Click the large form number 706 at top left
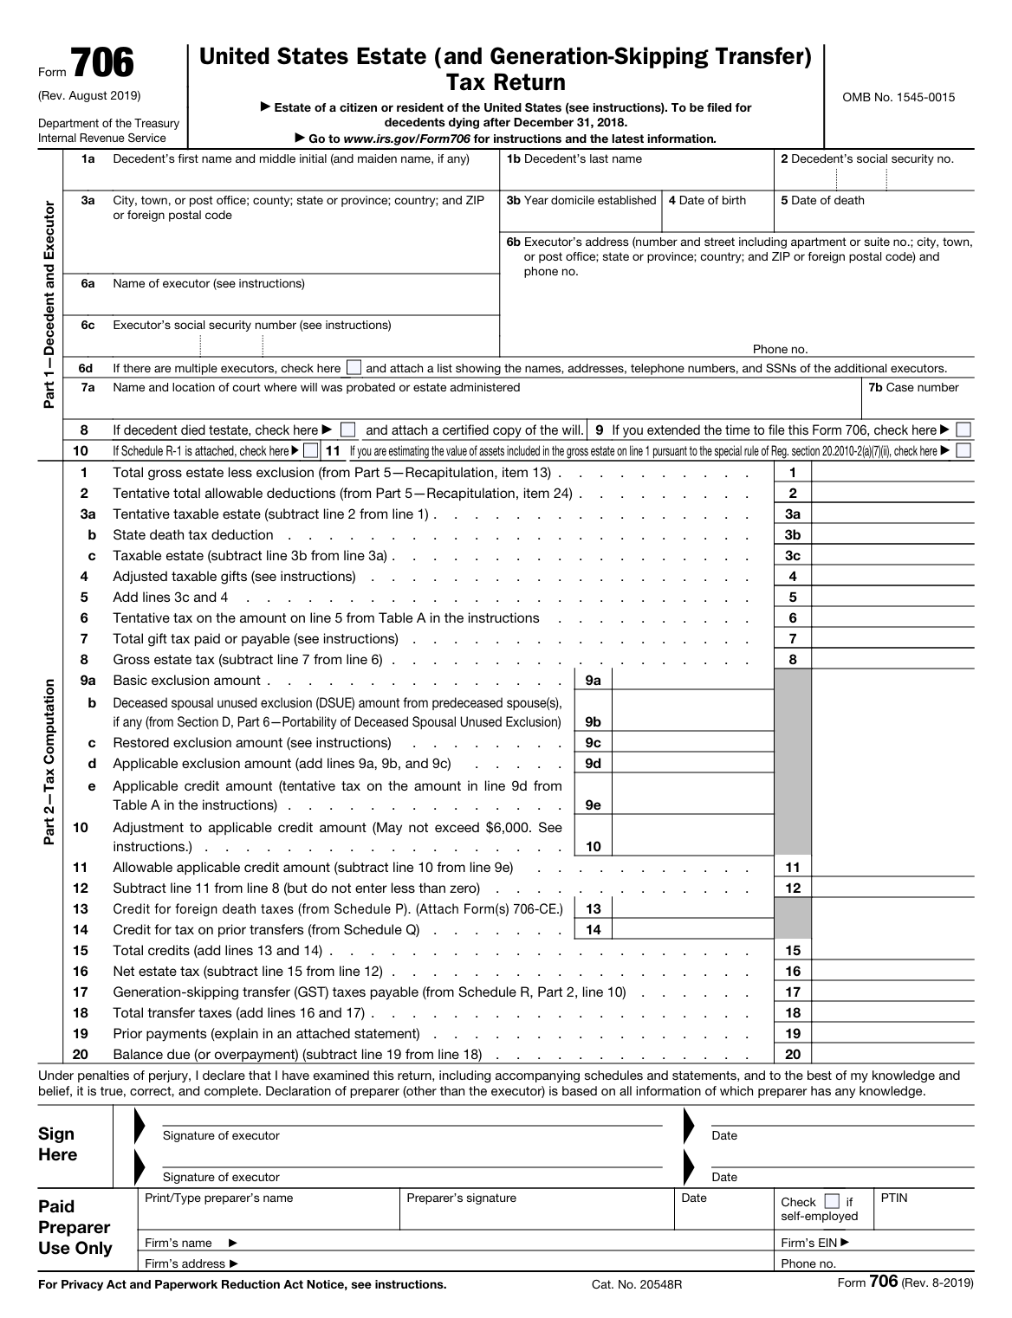tap(101, 65)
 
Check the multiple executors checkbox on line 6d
tap(354, 368)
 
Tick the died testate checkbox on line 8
tap(348, 430)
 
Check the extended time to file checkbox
tap(963, 430)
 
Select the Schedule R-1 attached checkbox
tap(310, 451)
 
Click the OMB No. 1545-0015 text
tap(898, 97)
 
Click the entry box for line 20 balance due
tap(892, 1055)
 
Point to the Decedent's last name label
tap(574, 159)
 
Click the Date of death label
tap(822, 201)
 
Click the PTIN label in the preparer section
tap(894, 1198)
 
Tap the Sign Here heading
tap(57, 1145)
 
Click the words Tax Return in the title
tap(505, 83)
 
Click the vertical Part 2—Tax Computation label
tap(49, 762)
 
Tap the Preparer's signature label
tap(461, 1198)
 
